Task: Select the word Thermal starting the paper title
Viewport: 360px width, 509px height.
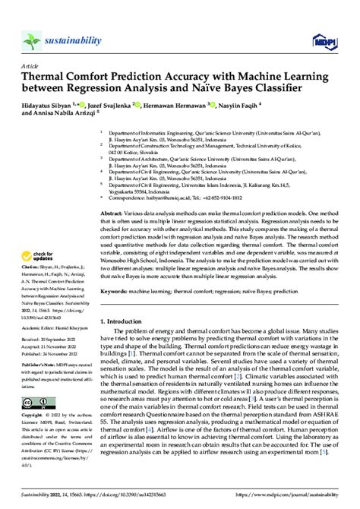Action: pyautogui.click(x=44, y=77)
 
